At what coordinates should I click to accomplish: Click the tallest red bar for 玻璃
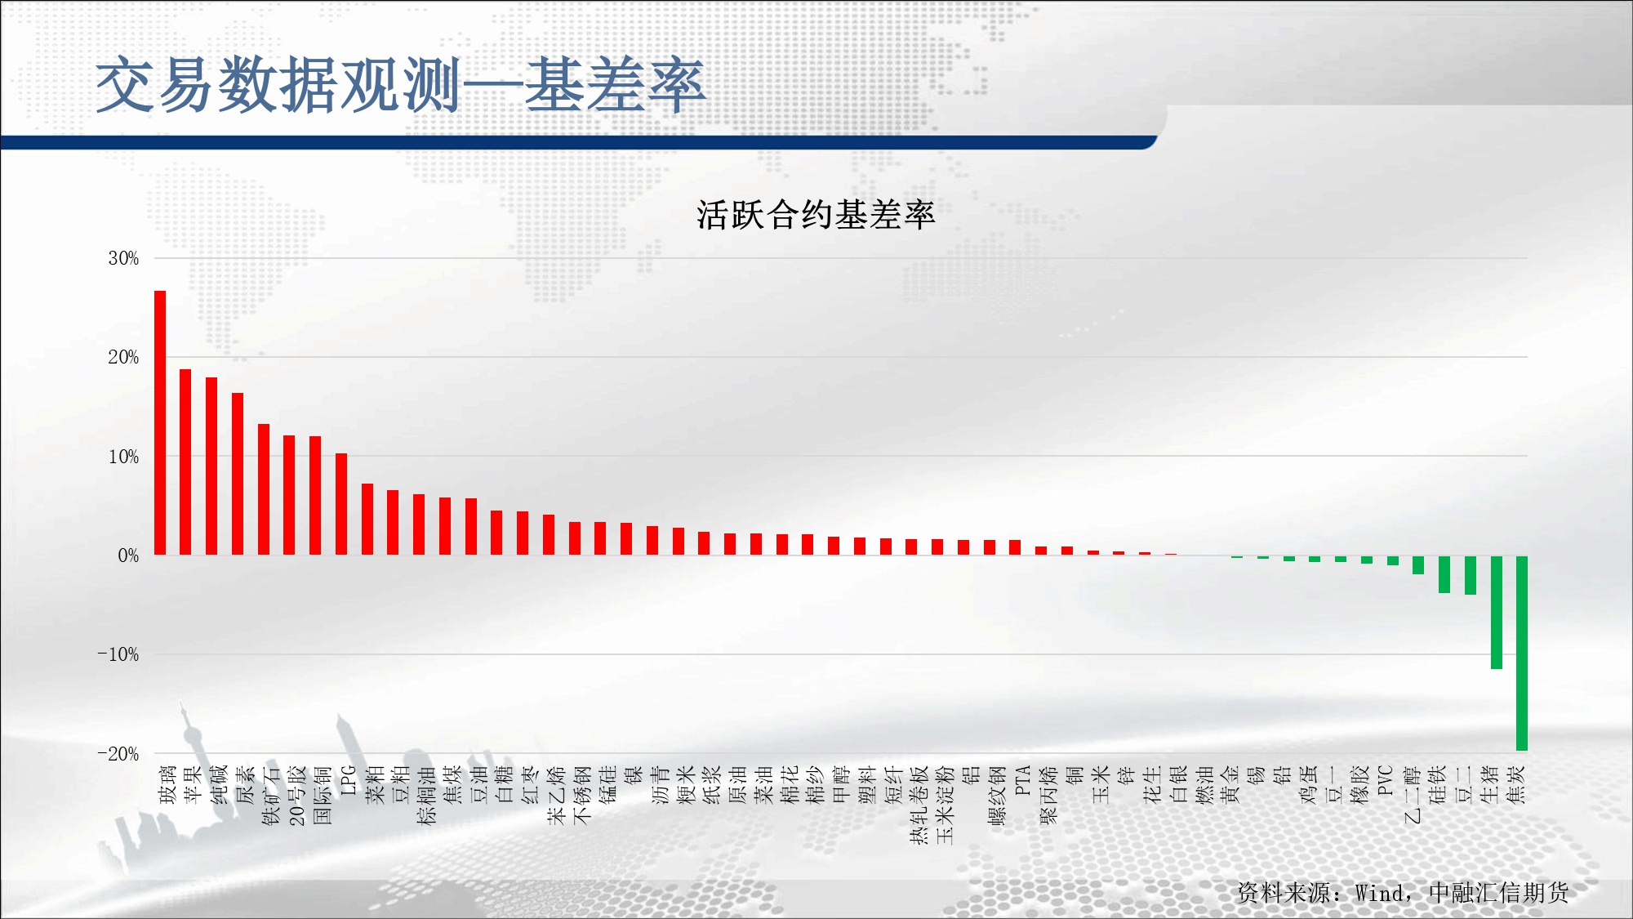(160, 423)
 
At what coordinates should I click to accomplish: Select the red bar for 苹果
(185, 462)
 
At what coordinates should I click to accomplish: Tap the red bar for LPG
(341, 504)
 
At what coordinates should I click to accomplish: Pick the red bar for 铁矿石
(264, 489)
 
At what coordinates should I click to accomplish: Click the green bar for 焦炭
(1522, 654)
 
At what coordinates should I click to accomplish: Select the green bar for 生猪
(1497, 613)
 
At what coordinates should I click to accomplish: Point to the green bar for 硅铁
(1444, 574)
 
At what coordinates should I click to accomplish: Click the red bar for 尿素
(238, 474)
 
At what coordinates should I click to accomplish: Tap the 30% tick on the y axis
(123, 258)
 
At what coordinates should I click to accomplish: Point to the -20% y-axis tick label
(118, 754)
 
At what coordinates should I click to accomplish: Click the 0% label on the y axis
(128, 555)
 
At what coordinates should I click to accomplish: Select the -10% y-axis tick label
(118, 654)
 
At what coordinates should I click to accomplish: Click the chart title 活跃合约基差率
(816, 215)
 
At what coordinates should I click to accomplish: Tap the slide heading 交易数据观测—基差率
(400, 85)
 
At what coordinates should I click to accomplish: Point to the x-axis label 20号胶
(297, 795)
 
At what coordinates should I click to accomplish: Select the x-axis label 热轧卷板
(919, 805)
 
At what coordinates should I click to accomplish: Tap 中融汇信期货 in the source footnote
(1498, 893)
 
